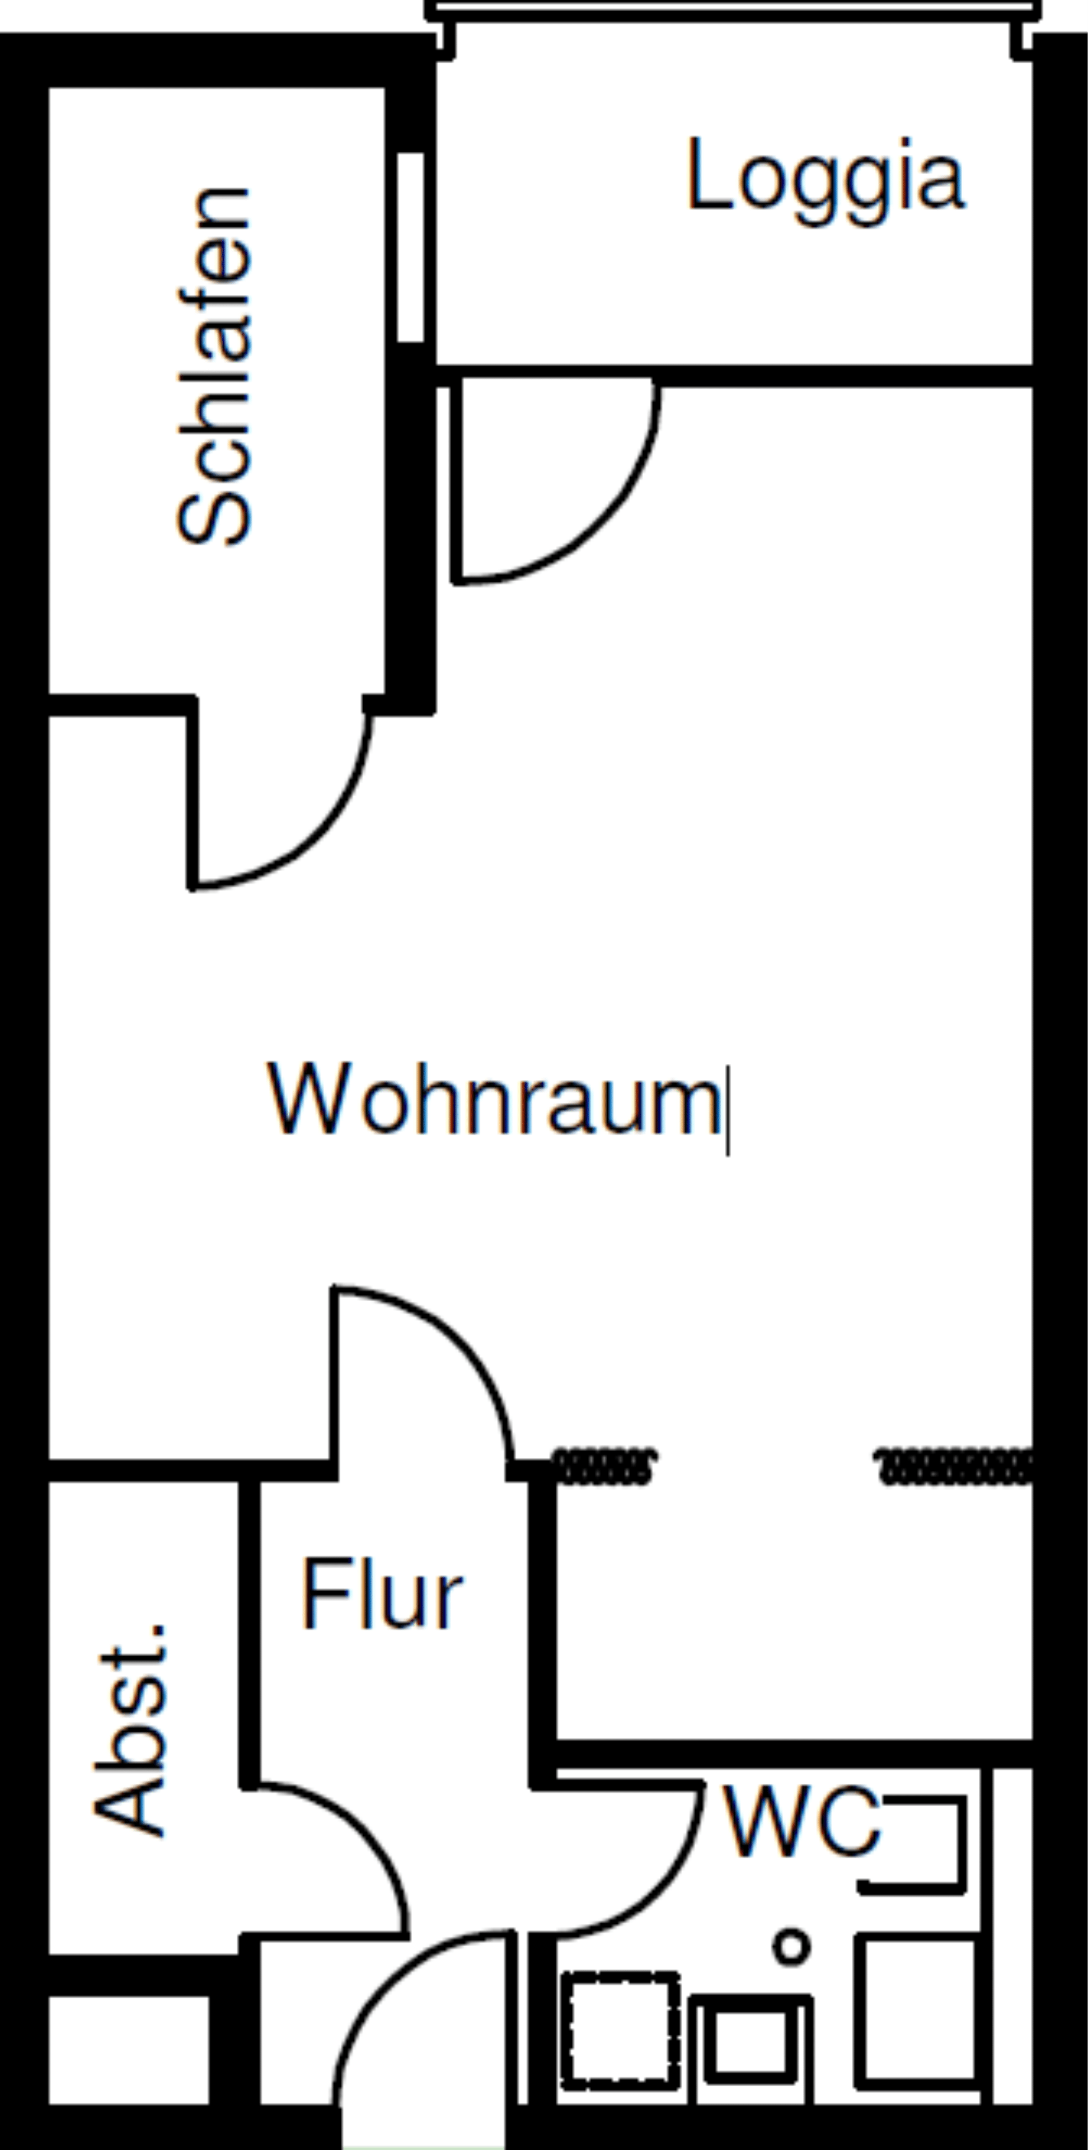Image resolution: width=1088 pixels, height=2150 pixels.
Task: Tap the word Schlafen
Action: [x=214, y=366]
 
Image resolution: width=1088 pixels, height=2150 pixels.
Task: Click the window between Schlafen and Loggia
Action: [x=410, y=247]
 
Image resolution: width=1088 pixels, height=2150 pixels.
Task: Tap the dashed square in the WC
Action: [x=621, y=2031]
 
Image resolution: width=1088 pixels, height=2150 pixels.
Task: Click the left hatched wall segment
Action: [x=603, y=1466]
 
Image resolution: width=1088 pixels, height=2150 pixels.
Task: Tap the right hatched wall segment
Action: [x=954, y=1466]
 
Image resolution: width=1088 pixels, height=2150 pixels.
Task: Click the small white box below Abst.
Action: [x=129, y=2049]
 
